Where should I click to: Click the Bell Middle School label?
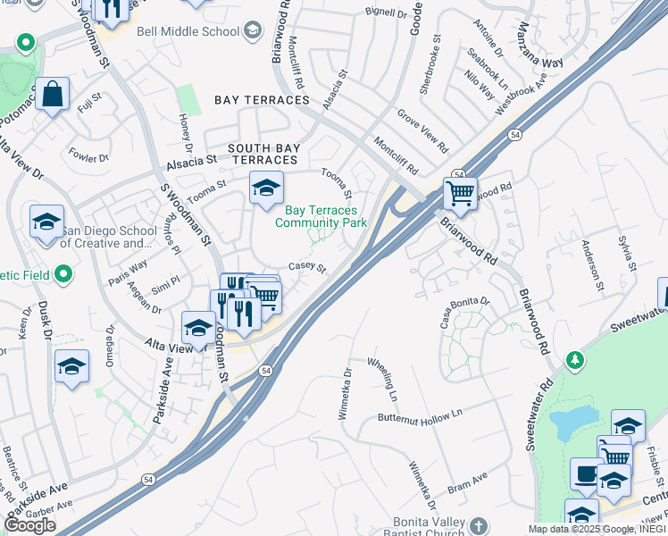(188, 32)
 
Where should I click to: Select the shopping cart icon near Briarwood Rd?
(460, 192)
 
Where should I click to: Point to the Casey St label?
(307, 267)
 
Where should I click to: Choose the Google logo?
(29, 525)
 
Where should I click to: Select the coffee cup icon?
(586, 473)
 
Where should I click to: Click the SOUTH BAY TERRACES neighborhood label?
(262, 154)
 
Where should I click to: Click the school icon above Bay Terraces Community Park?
(265, 188)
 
